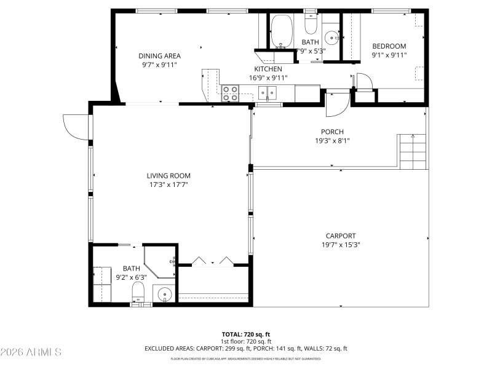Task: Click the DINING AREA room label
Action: click(159, 55)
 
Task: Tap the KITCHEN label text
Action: click(268, 69)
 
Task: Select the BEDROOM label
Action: click(389, 46)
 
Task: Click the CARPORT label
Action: click(340, 236)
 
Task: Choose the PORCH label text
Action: click(332, 132)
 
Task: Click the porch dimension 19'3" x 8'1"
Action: click(332, 140)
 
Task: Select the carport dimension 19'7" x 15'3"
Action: click(340, 244)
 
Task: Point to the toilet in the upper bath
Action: click(311, 25)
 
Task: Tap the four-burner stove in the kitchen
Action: click(230, 93)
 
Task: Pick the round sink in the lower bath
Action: click(165, 295)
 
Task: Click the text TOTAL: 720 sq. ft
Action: click(246, 334)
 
